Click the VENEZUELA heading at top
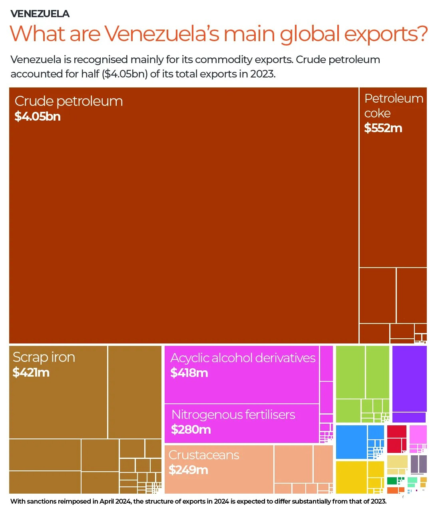[x=40, y=14]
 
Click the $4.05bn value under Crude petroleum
[x=38, y=117]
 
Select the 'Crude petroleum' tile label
[x=68, y=101]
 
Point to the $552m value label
[x=383, y=128]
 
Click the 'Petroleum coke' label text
[x=393, y=105]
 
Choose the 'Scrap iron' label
[x=44, y=357]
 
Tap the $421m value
[x=31, y=373]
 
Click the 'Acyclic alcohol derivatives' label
[x=243, y=358]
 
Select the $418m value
[x=189, y=373]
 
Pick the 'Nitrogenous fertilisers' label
[x=233, y=415]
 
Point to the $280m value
[x=191, y=430]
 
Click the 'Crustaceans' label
[x=204, y=455]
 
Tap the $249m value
[x=188, y=470]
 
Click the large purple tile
[x=409, y=378]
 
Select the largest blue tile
[x=351, y=442]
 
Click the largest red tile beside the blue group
[x=396, y=439]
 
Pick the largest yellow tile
[x=351, y=477]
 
